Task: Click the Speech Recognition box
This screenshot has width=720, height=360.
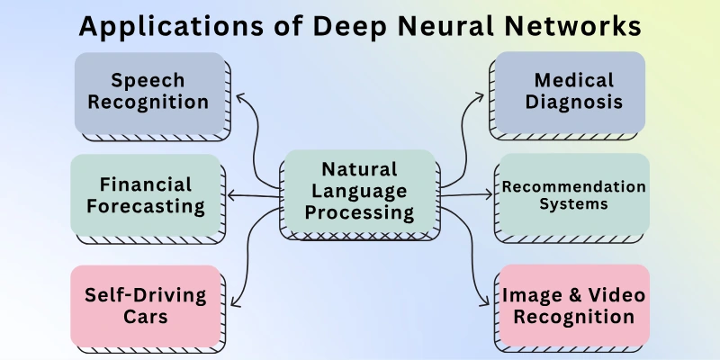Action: tap(148, 91)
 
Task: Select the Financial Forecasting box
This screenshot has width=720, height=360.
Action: tap(146, 194)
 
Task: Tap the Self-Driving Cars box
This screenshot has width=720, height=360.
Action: tap(146, 305)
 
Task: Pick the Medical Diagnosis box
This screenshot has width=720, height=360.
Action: tap(567, 91)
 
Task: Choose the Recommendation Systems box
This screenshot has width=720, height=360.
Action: tap(572, 194)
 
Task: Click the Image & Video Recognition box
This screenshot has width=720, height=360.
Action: tap(572, 305)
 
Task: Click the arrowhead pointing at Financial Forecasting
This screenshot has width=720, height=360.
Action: tap(232, 194)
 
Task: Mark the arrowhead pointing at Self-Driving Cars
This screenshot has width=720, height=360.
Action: tap(236, 302)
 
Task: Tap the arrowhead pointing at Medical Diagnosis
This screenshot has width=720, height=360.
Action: tap(484, 93)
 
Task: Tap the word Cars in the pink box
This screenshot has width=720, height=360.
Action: tap(146, 317)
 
